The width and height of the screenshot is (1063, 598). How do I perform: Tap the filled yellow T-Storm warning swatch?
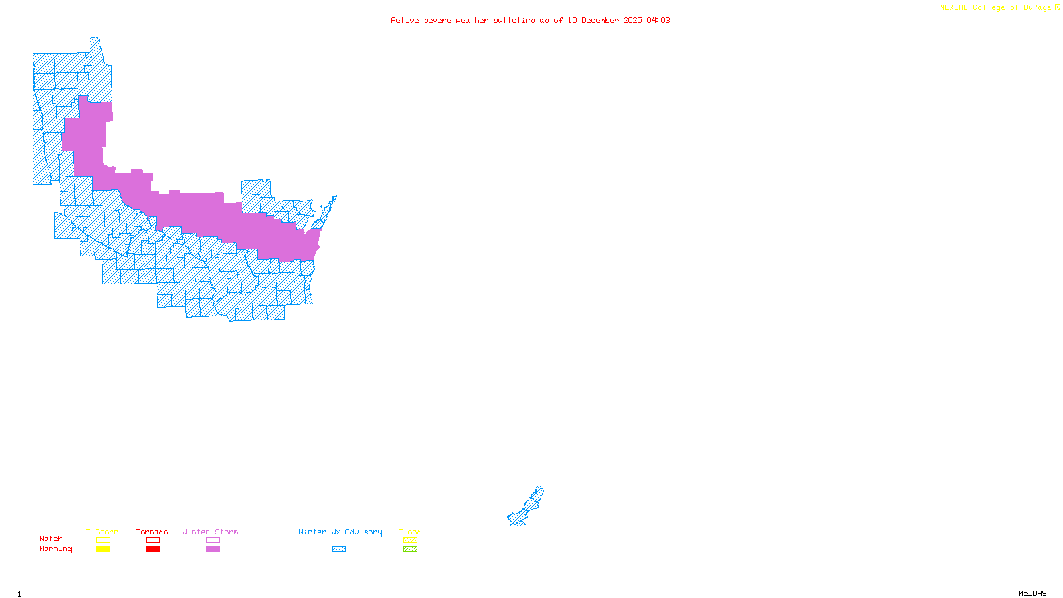[x=103, y=549]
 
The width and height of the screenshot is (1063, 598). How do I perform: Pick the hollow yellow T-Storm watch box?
[x=103, y=540]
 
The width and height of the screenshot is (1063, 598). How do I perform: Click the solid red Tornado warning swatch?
[x=153, y=549]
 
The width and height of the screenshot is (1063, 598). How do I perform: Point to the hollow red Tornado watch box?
[x=153, y=540]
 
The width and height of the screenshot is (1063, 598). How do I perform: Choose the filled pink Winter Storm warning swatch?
[x=213, y=549]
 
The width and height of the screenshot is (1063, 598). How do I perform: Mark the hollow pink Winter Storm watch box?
[x=213, y=540]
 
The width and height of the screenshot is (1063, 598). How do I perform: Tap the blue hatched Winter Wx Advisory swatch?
[x=339, y=549]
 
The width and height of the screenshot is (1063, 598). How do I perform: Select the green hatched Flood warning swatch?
[x=410, y=549]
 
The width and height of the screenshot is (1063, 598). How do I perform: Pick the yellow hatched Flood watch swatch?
[x=410, y=540]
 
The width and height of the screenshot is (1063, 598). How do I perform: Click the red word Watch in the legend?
[x=51, y=538]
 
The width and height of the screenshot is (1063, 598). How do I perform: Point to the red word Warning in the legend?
[x=56, y=549]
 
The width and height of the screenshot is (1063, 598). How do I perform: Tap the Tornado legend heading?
[x=152, y=532]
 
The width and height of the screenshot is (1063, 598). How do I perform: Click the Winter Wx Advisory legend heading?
[x=340, y=532]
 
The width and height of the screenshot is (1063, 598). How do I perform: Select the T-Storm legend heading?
[x=102, y=532]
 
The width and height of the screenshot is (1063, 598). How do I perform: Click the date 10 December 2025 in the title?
[x=605, y=20]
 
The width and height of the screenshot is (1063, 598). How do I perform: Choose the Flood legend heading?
[x=410, y=532]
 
